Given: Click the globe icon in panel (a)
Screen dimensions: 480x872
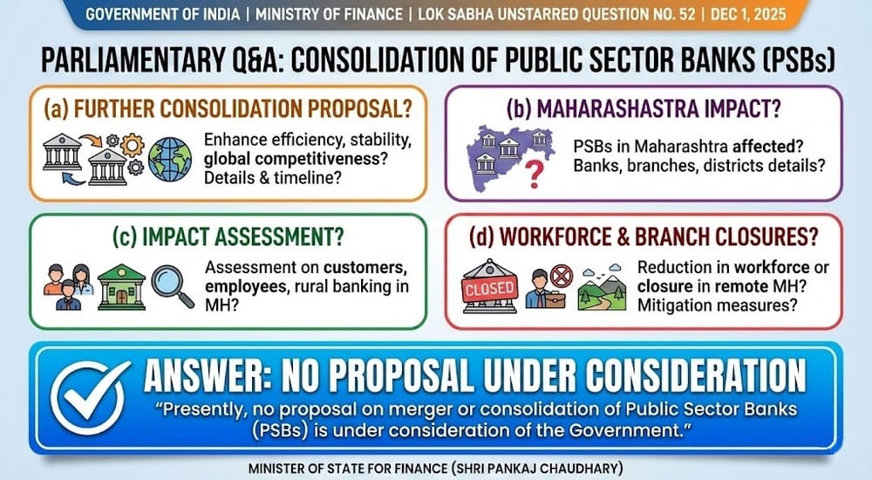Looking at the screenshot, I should pyautogui.click(x=169, y=159).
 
